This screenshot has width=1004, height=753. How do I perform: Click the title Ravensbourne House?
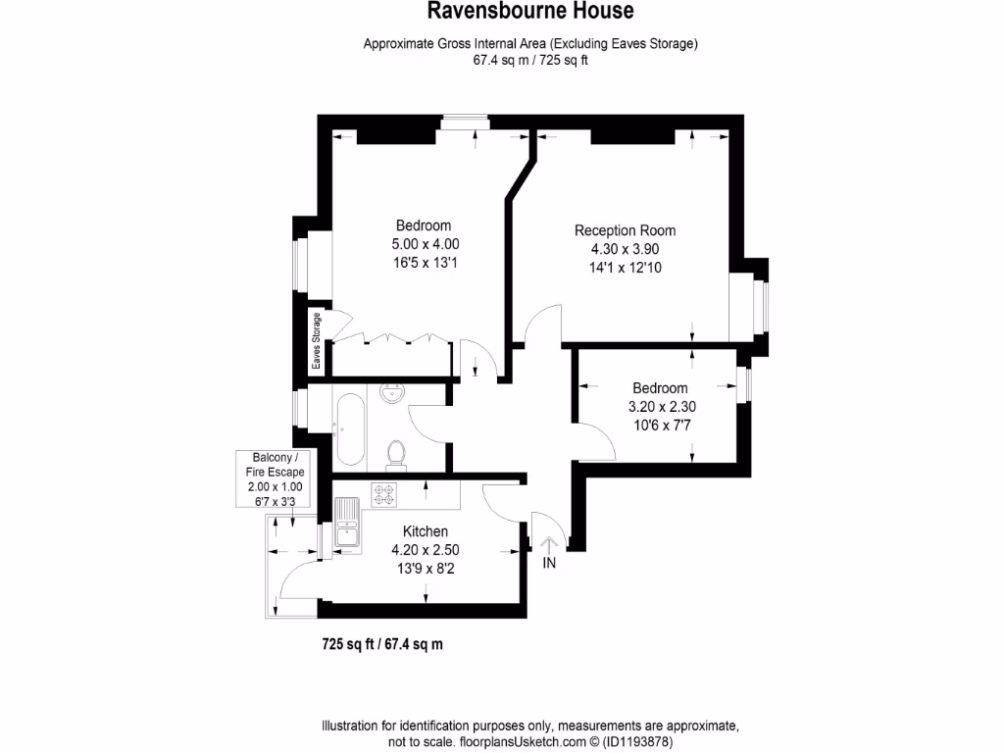click(530, 12)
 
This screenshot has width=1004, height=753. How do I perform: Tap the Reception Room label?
click(625, 230)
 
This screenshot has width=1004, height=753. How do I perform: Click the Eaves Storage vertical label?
click(317, 340)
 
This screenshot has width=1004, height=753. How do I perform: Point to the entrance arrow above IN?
click(548, 538)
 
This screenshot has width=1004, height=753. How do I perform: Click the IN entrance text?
click(549, 563)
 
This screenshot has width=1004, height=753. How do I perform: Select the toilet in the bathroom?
click(396, 452)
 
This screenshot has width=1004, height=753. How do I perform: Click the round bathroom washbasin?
click(393, 394)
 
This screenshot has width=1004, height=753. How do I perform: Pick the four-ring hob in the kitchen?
click(382, 493)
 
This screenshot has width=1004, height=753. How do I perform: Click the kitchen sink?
click(347, 521)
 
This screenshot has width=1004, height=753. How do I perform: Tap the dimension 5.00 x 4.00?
click(425, 244)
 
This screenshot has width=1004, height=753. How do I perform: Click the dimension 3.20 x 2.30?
click(660, 406)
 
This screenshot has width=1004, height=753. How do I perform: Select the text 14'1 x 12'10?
click(625, 267)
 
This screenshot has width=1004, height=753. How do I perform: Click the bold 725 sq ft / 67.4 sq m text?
click(383, 644)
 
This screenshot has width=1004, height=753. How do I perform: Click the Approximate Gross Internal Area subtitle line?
click(530, 43)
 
